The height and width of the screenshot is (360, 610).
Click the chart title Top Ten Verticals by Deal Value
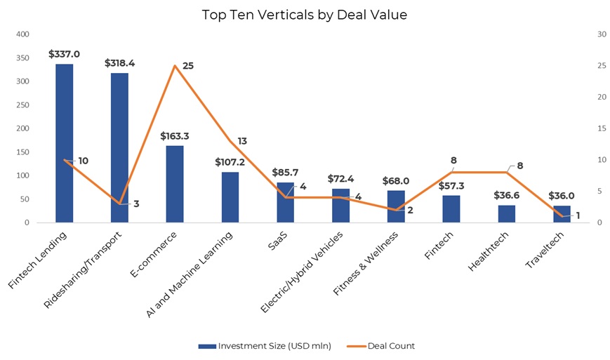pyautogui.click(x=304, y=15)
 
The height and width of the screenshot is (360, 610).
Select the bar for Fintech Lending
pyautogui.click(x=65, y=143)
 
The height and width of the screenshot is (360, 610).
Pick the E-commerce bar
pyautogui.click(x=175, y=184)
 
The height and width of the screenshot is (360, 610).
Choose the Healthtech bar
pyautogui.click(x=507, y=213)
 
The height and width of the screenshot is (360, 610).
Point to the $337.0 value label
pyautogui.click(x=64, y=53)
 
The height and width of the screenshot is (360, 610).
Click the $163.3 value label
pyautogui.click(x=175, y=135)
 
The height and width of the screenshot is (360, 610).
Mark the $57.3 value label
pyautogui.click(x=451, y=186)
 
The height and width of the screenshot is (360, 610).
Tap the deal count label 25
pyautogui.click(x=187, y=66)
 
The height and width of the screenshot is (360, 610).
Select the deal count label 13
pyautogui.click(x=243, y=141)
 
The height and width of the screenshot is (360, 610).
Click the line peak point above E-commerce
pyautogui.click(x=175, y=66)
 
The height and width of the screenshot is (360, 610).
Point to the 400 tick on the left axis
pyautogui.click(x=23, y=34)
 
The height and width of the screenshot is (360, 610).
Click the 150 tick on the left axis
pyautogui.click(x=23, y=152)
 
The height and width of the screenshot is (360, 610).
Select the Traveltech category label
pyautogui.click(x=543, y=251)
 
